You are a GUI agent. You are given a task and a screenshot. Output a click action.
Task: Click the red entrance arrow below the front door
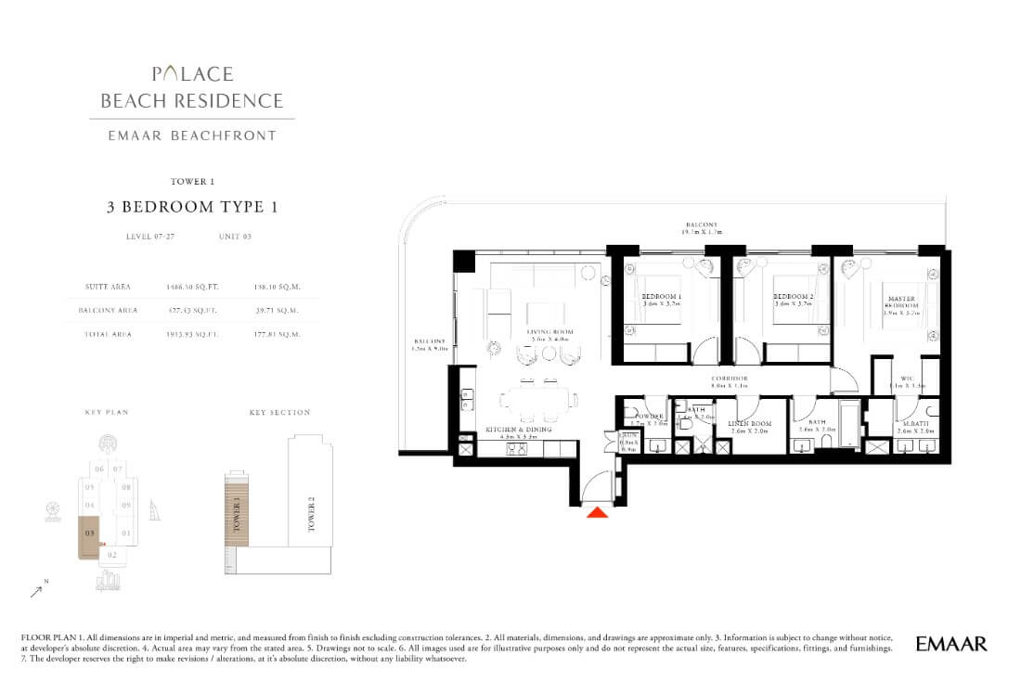pyautogui.click(x=598, y=510)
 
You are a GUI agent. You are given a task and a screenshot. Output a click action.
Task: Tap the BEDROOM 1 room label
pyautogui.click(x=662, y=298)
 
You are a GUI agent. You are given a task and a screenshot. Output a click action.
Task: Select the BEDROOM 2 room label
pyautogui.click(x=794, y=298)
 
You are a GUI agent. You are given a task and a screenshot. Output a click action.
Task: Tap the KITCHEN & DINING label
pyautogui.click(x=519, y=430)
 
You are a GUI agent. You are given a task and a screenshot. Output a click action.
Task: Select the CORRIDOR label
pyautogui.click(x=730, y=379)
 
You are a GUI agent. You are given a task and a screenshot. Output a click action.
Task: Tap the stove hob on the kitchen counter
pyautogui.click(x=516, y=449)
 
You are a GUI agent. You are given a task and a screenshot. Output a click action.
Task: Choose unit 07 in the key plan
pyautogui.click(x=118, y=469)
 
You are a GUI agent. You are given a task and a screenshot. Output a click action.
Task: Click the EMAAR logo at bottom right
pyautogui.click(x=950, y=643)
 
